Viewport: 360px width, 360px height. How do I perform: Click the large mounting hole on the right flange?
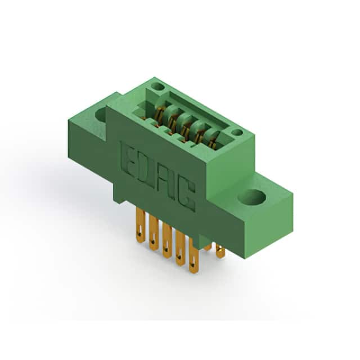click(x=252, y=197)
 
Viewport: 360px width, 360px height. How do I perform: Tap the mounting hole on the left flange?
click(x=101, y=115)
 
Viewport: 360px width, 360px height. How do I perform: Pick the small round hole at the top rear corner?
click(x=158, y=87)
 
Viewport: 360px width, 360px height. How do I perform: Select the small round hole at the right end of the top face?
click(x=237, y=132)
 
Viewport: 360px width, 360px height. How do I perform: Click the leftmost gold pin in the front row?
click(x=140, y=225)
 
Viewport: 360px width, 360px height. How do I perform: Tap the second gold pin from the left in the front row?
click(x=154, y=232)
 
